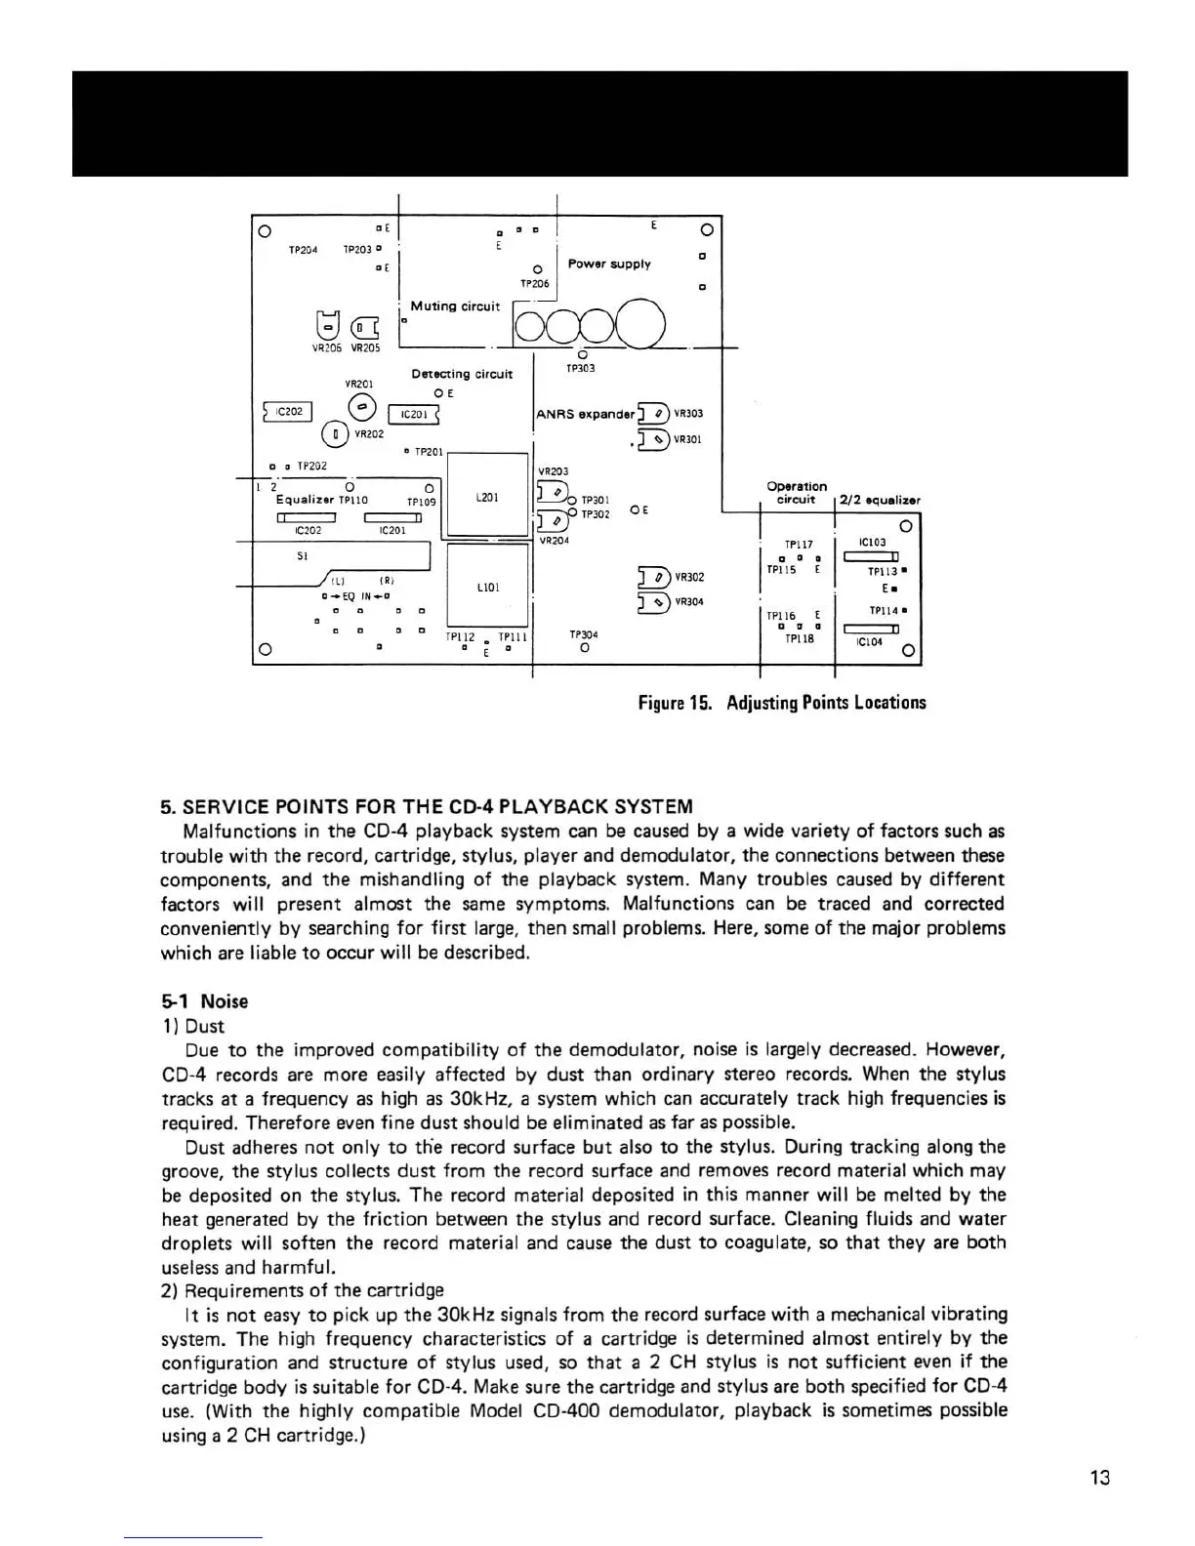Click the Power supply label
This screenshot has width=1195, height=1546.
(609, 264)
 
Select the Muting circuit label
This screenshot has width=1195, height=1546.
(455, 306)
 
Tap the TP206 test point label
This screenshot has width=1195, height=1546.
(534, 284)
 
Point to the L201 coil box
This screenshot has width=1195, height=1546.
(487, 497)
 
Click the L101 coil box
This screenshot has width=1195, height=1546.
(487, 588)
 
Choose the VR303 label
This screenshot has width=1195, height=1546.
(688, 414)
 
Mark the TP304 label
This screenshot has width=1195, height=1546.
(583, 634)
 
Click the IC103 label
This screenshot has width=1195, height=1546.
(872, 542)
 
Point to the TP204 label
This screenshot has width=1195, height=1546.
(303, 250)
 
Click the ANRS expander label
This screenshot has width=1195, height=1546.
(585, 414)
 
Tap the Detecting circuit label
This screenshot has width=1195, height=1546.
(462, 374)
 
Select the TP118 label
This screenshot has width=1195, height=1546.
(799, 639)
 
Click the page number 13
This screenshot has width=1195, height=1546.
(1099, 1478)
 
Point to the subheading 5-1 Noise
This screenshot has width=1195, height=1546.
(205, 1001)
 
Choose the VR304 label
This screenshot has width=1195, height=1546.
(689, 601)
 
